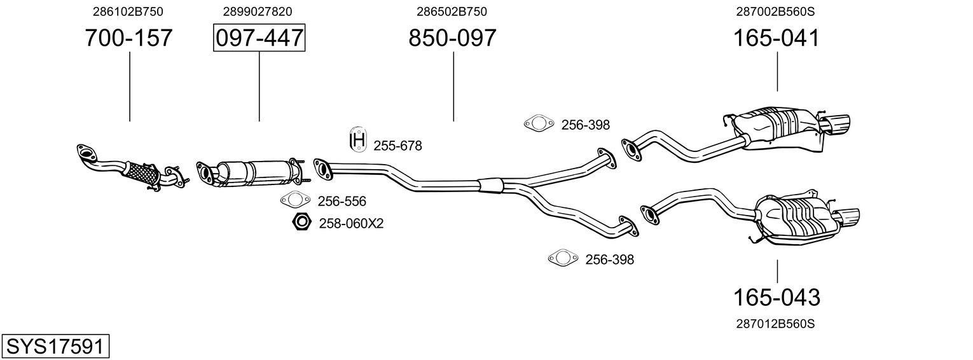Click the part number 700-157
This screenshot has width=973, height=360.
(x=129, y=38)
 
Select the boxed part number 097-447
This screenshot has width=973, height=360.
(x=259, y=38)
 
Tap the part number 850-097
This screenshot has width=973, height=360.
(x=452, y=38)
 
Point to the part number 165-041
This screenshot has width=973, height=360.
(x=776, y=38)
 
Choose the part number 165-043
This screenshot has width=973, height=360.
(x=776, y=297)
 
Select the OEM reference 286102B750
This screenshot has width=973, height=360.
(x=128, y=11)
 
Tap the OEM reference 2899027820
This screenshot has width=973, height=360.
(x=258, y=11)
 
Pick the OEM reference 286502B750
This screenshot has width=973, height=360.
(x=452, y=11)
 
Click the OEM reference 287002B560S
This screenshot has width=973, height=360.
(x=776, y=11)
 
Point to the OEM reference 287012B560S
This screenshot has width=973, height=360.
(x=776, y=324)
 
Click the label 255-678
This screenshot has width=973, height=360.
(x=397, y=146)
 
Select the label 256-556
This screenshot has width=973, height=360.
(x=342, y=202)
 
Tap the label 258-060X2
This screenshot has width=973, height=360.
(x=351, y=223)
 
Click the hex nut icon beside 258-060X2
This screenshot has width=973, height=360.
(x=301, y=223)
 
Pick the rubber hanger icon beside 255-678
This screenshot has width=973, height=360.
(x=359, y=140)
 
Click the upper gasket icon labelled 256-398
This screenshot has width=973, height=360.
(x=537, y=125)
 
